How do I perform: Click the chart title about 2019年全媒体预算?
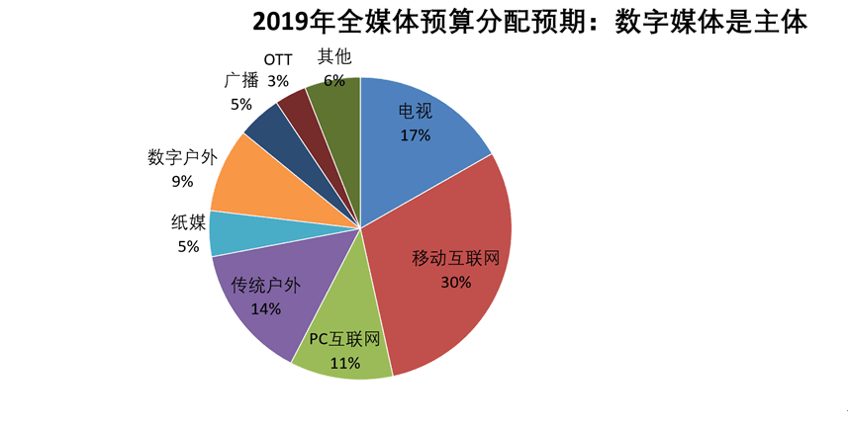[x=530, y=22]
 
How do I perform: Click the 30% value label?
[x=456, y=282]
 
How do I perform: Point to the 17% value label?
[x=416, y=134]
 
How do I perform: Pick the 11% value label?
[x=344, y=362]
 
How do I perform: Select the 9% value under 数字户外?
[x=182, y=181]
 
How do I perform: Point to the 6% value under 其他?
[x=333, y=79]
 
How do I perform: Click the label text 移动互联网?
[x=456, y=259]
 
